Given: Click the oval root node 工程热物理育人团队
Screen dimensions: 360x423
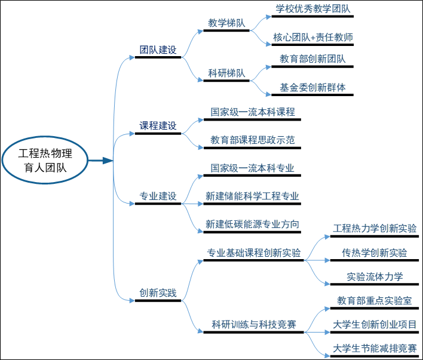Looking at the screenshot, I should [45, 161].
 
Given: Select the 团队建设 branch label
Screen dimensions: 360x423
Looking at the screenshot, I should [158, 50].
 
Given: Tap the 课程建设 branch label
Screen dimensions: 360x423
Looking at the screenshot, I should [158, 126].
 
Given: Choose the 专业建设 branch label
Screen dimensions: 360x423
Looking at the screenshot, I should [158, 196].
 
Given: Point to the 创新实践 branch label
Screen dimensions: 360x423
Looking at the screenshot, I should [158, 293].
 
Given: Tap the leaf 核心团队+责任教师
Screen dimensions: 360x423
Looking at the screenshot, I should [312, 37].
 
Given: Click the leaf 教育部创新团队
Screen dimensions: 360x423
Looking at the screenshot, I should [312, 59].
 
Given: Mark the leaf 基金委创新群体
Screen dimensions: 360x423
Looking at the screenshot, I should [312, 87].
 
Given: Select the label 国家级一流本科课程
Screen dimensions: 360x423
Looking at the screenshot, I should [253, 112].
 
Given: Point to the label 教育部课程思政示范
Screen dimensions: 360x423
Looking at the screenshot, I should [253, 140].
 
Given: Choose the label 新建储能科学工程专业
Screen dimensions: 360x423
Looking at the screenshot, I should [252, 196].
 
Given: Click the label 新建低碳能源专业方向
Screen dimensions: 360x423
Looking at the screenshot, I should [252, 224].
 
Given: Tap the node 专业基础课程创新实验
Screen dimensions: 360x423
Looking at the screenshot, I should [253, 253].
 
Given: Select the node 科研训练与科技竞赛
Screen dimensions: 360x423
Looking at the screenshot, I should [253, 325].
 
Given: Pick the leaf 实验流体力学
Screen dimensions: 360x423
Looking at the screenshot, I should [375, 276].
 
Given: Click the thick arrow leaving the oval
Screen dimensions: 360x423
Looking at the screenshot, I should [101, 161].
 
